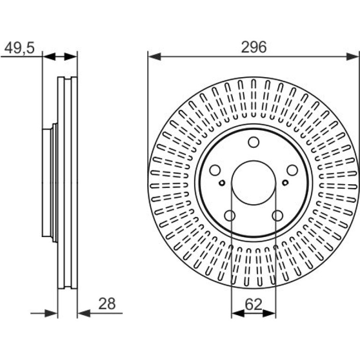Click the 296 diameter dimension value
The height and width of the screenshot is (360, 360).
click(254, 47)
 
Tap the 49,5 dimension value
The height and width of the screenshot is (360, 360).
click(20, 48)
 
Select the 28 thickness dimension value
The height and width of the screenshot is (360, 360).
click(107, 304)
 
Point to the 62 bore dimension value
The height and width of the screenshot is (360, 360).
click(253, 304)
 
